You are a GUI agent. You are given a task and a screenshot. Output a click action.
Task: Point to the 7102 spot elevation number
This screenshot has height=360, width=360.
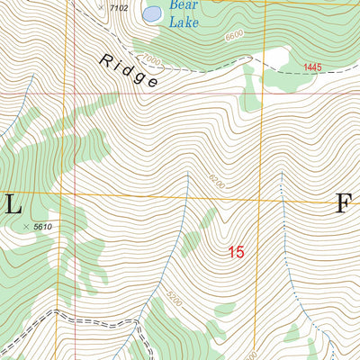pos(118,8)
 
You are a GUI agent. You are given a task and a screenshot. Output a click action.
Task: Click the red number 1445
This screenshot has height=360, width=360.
pos(312,67)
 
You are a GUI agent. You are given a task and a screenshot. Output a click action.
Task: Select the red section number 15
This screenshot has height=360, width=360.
pos(236,253)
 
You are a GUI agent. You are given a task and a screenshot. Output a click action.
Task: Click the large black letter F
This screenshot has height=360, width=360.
pos(343,205)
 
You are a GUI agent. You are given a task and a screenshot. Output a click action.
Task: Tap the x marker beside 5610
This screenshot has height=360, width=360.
pos(26,227)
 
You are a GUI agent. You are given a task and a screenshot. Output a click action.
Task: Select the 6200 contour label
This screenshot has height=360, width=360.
pos(215,183)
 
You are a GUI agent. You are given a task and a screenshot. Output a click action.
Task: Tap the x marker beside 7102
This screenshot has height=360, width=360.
pos(100,6)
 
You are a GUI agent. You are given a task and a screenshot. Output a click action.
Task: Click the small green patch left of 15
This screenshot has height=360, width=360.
pos(191,241)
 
